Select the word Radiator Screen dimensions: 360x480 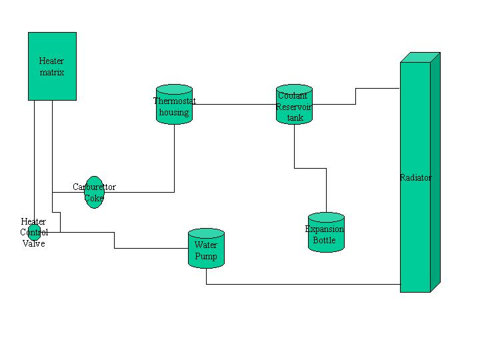coord(415,178)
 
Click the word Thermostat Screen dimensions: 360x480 coord(174,101)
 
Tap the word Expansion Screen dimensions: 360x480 coord(325,229)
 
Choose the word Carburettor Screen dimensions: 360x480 coord(94,187)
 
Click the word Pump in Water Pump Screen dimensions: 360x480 coord(206,256)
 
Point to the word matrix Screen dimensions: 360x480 coord(52,72)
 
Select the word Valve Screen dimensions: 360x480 coord(33,243)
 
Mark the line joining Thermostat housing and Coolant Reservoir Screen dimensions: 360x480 coord(233,104)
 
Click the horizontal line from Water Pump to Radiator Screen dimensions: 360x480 coord(300,284)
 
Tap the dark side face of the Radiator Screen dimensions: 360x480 coord(435,173)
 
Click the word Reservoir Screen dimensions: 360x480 coord(294,107)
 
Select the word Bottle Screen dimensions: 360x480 coord(325,240)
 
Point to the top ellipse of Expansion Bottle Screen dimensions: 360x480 coord(326,217)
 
